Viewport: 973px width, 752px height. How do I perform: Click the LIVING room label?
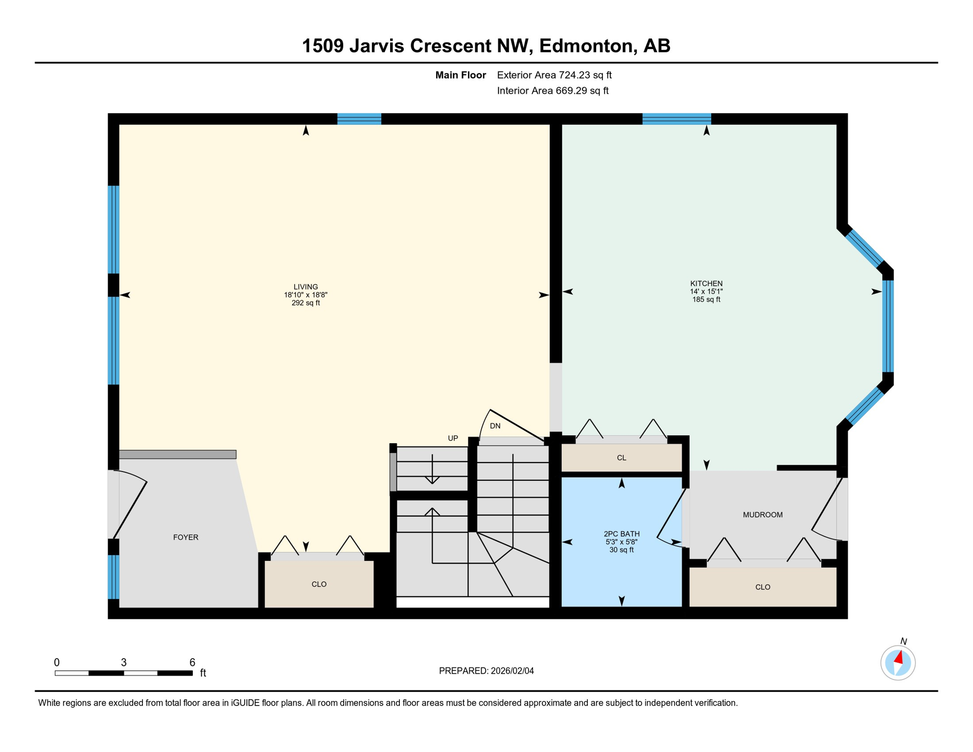(x=305, y=287)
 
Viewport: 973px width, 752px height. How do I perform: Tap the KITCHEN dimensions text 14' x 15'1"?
(x=706, y=292)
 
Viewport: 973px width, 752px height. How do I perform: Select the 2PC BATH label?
(x=621, y=534)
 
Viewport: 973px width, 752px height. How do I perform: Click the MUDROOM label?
(x=762, y=515)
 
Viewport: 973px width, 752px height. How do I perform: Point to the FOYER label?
(x=185, y=538)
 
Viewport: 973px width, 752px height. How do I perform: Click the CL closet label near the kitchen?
(x=621, y=458)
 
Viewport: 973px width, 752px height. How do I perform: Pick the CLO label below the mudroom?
(x=762, y=587)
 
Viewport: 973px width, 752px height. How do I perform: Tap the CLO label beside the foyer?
(x=319, y=585)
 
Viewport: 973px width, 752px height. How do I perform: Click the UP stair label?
(x=453, y=439)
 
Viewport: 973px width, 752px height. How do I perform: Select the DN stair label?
(x=495, y=426)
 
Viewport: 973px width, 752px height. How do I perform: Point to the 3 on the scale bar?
(x=124, y=663)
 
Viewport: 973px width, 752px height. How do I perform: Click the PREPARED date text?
(x=486, y=671)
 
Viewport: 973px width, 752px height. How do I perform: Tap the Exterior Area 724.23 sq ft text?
(x=554, y=75)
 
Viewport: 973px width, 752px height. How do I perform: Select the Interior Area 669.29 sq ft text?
(x=553, y=91)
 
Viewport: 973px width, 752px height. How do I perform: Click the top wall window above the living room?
(x=359, y=119)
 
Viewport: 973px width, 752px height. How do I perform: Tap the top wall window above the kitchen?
(x=676, y=119)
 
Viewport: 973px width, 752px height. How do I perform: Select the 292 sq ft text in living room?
(x=305, y=303)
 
